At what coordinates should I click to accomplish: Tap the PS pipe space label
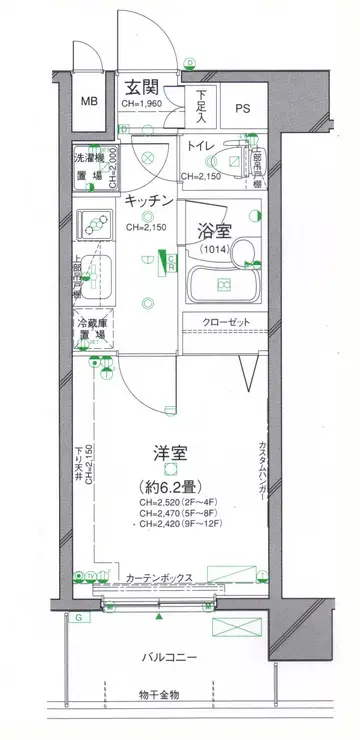[244, 106]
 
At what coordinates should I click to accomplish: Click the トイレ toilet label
[201, 147]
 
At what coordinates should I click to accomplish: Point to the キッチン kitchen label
[150, 201]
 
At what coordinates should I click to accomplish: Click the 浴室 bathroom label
[213, 229]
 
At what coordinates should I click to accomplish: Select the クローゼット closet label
[224, 323]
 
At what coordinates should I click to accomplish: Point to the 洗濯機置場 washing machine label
[91, 167]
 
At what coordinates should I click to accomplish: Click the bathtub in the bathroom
[224, 287]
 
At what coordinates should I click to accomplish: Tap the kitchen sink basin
[96, 274]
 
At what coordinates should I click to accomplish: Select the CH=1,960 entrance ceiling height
[143, 103]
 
